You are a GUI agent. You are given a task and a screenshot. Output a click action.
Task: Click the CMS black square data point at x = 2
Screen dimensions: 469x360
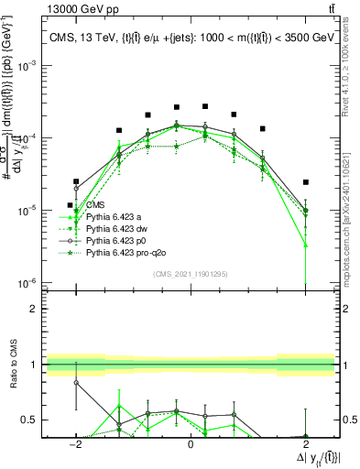(x=306, y=182)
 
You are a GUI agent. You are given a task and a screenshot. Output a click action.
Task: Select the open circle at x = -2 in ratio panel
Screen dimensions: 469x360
(x=76, y=382)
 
